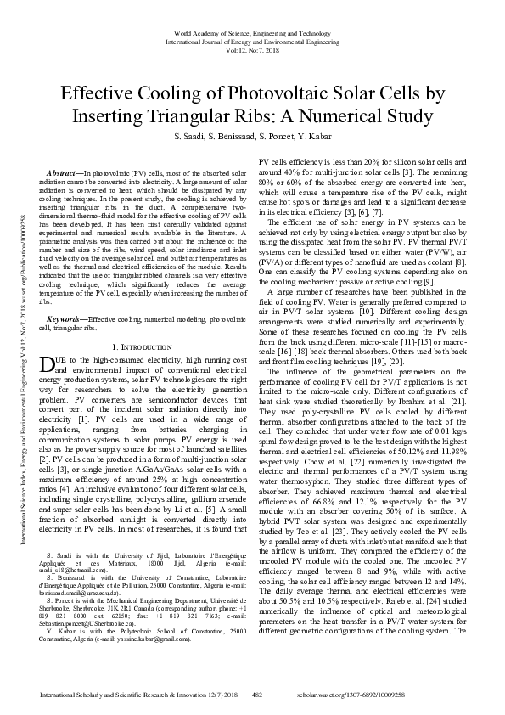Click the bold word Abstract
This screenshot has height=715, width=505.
65,172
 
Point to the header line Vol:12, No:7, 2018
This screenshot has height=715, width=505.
252,49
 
